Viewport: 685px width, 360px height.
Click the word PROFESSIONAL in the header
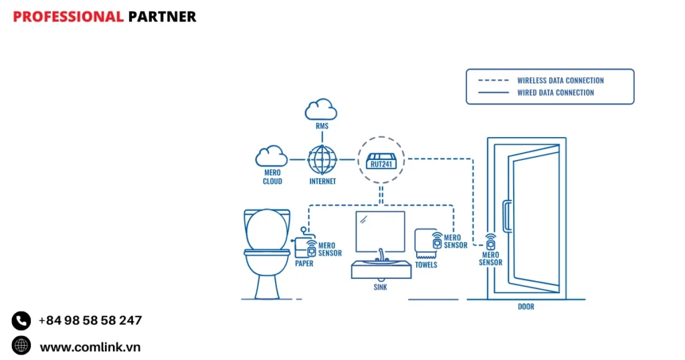coord(68,17)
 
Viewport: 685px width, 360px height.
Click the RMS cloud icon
coord(320,109)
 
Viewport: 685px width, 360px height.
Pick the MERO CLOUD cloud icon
coord(272,157)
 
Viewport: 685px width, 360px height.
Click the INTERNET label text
coord(322,181)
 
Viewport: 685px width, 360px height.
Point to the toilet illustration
coord(267,251)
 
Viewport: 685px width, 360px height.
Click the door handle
coord(507,216)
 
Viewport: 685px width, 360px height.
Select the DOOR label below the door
coord(526,307)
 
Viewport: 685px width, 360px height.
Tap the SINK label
coord(380,288)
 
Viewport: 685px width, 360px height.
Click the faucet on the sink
coord(381,255)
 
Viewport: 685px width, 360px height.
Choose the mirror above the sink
coord(380,231)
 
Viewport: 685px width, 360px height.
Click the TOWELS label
coord(426,265)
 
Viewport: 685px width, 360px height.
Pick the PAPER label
coord(304,264)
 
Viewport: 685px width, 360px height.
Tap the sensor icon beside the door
coord(490,242)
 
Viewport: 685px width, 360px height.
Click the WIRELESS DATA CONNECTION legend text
coord(561,80)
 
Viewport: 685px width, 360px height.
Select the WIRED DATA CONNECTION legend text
coord(555,93)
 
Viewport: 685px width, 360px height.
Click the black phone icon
coord(21,321)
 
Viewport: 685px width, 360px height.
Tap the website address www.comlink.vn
coord(90,347)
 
